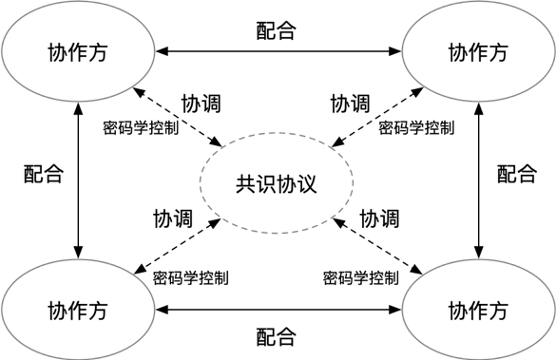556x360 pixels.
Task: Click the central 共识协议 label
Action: click(277, 184)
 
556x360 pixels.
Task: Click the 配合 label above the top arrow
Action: click(277, 30)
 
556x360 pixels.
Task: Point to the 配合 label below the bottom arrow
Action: click(277, 336)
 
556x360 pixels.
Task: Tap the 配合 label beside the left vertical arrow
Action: click(44, 174)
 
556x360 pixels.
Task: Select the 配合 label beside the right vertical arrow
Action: click(517, 174)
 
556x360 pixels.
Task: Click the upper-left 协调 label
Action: click(201, 104)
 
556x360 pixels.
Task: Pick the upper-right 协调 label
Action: click(351, 104)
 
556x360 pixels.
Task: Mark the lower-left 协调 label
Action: click(173, 218)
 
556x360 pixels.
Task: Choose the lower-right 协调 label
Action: click(380, 218)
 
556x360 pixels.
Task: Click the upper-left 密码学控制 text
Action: click(141, 128)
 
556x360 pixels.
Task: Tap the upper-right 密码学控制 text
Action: click(416, 128)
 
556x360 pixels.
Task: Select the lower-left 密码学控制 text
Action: click(191, 278)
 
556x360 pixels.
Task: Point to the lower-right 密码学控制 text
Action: click(361, 278)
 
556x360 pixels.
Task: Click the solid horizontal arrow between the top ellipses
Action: click(278, 51)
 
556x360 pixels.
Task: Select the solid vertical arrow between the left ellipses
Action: click(78, 180)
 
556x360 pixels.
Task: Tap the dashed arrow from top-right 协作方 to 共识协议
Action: click(377, 117)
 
